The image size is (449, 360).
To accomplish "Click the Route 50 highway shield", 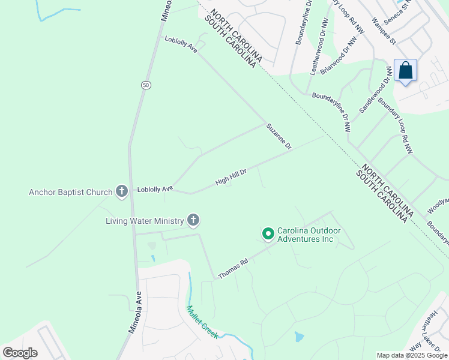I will pyautogui.click(x=146, y=85).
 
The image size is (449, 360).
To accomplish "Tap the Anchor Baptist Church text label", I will pyautogui.click(x=71, y=193).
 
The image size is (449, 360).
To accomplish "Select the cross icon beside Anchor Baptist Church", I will pyautogui.click(x=122, y=192).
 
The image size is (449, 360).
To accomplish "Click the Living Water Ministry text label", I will pyautogui.click(x=145, y=221).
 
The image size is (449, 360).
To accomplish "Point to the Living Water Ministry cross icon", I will pyautogui.click(x=193, y=221).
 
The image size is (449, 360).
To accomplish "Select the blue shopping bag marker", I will pyautogui.click(x=406, y=71).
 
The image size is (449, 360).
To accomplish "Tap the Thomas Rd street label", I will pyautogui.click(x=234, y=268).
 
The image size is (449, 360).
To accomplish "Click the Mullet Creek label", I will pyautogui.click(x=202, y=322).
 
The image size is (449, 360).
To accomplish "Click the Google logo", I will pyautogui.click(x=20, y=352).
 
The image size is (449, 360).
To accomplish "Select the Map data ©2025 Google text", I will pyautogui.click(x=411, y=355).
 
